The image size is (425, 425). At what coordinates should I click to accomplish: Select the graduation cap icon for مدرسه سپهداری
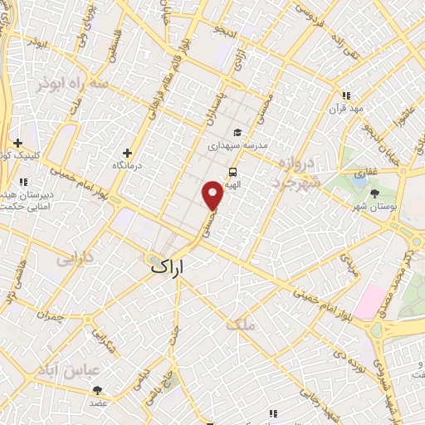237,132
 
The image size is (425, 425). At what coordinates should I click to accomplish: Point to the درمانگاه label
128,166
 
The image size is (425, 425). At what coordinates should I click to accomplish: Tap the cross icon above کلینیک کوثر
18,143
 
